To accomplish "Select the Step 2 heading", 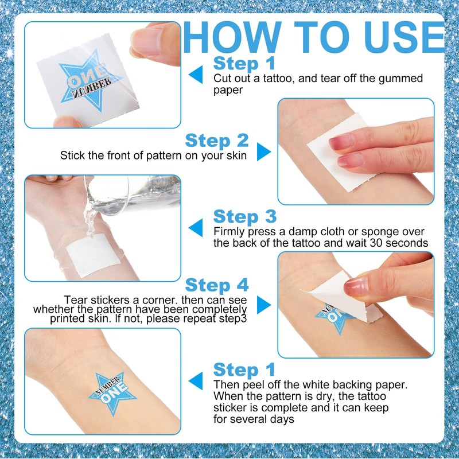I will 216,141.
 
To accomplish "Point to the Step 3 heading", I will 245,217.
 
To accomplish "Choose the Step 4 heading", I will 216,285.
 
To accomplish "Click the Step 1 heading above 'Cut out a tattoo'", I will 244,63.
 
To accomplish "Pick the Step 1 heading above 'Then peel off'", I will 244,369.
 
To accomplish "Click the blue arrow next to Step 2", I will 263,152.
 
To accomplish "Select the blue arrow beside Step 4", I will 263,305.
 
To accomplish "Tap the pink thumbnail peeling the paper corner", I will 356,285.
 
